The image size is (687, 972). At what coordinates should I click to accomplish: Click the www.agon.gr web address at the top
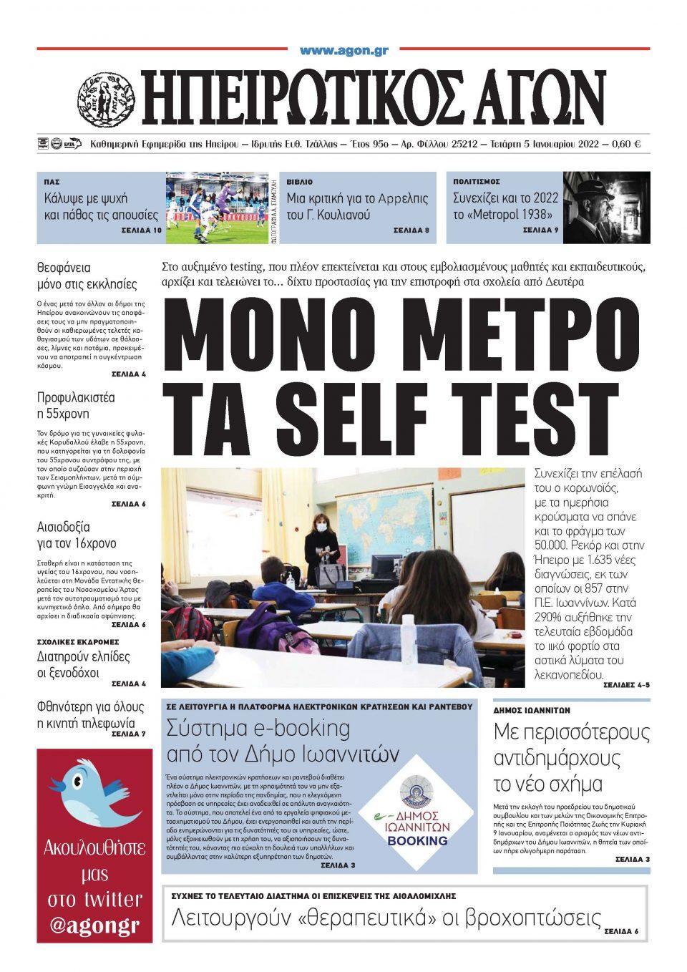(x=343, y=51)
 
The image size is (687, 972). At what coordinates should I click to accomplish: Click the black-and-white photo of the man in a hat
(x=606, y=207)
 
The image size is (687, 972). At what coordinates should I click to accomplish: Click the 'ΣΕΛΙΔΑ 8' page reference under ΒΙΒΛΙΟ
(x=411, y=231)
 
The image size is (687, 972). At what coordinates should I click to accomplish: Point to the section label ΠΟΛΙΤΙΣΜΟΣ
(x=477, y=182)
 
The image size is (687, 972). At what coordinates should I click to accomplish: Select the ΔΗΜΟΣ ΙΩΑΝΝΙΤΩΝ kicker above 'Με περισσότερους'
(x=532, y=711)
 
